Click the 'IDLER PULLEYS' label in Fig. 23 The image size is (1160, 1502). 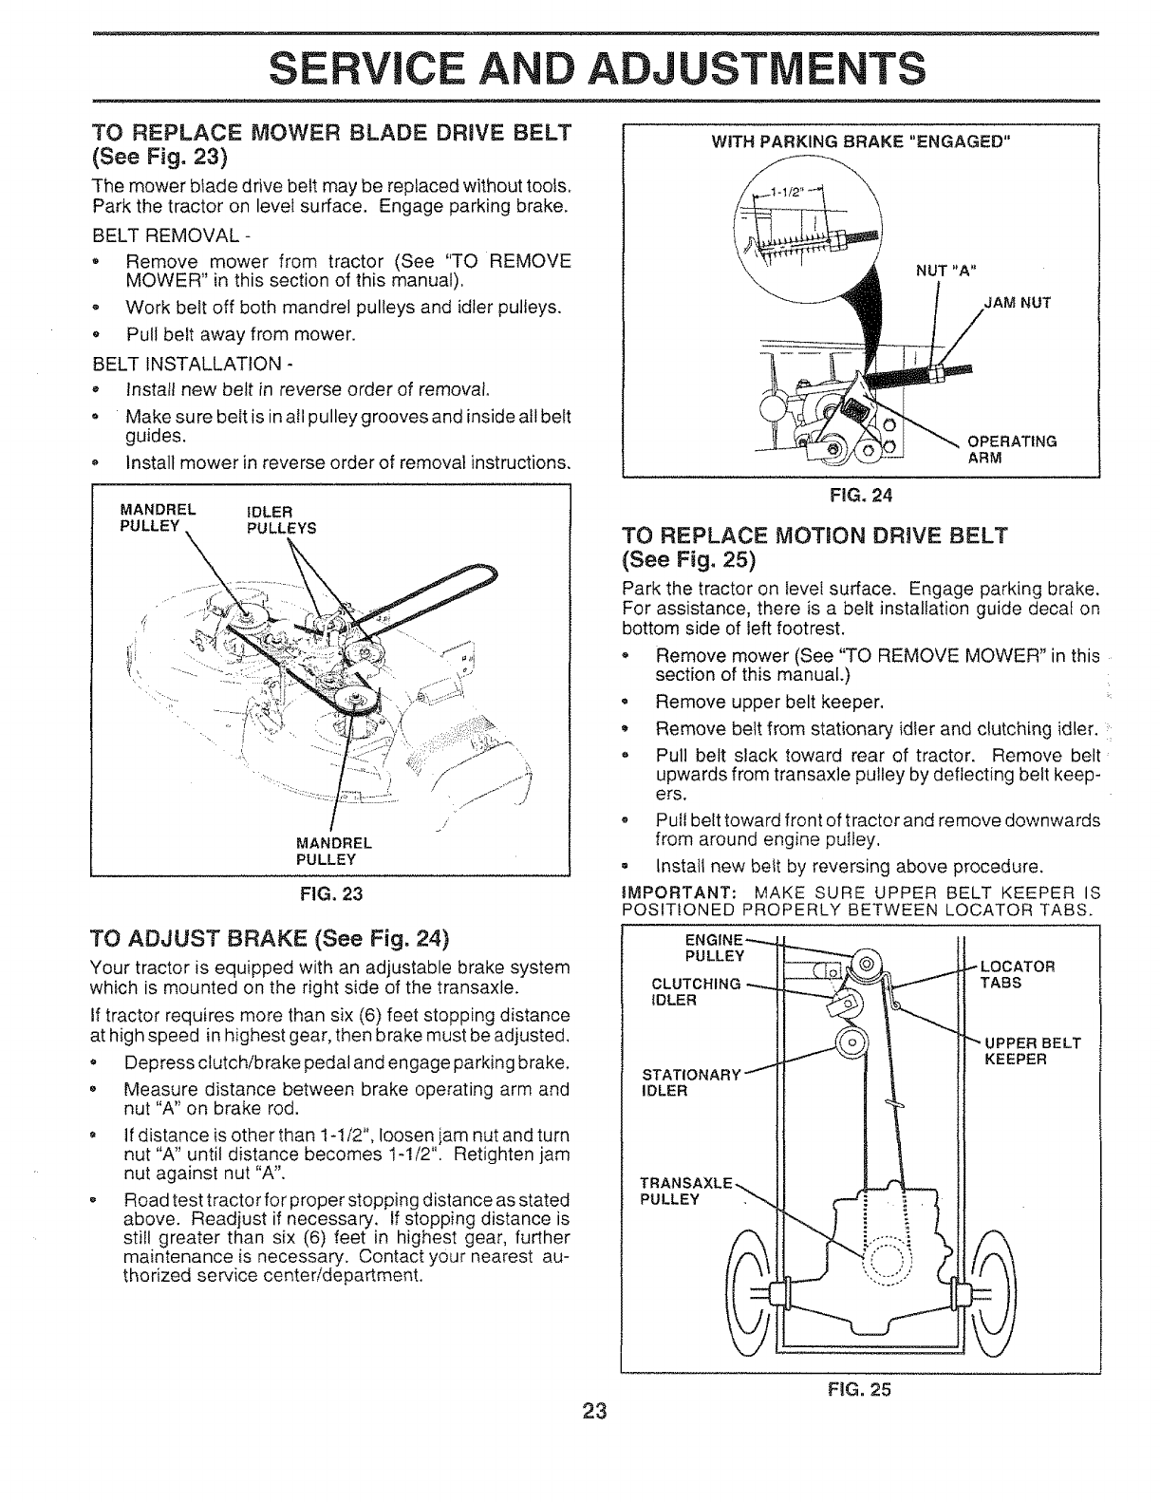click(x=280, y=521)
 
